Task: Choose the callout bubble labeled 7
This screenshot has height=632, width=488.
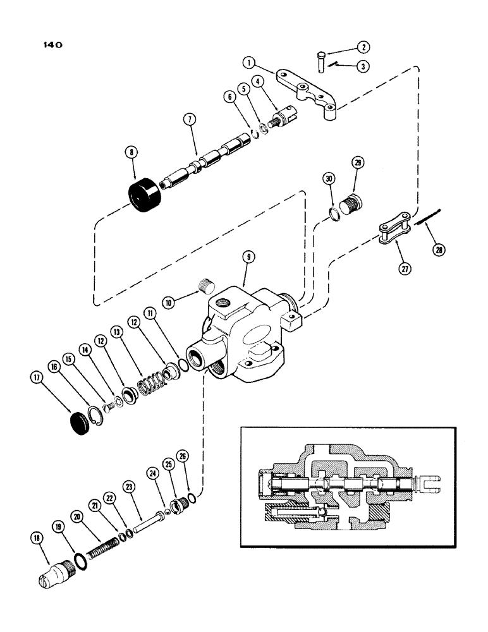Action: tap(189, 119)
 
